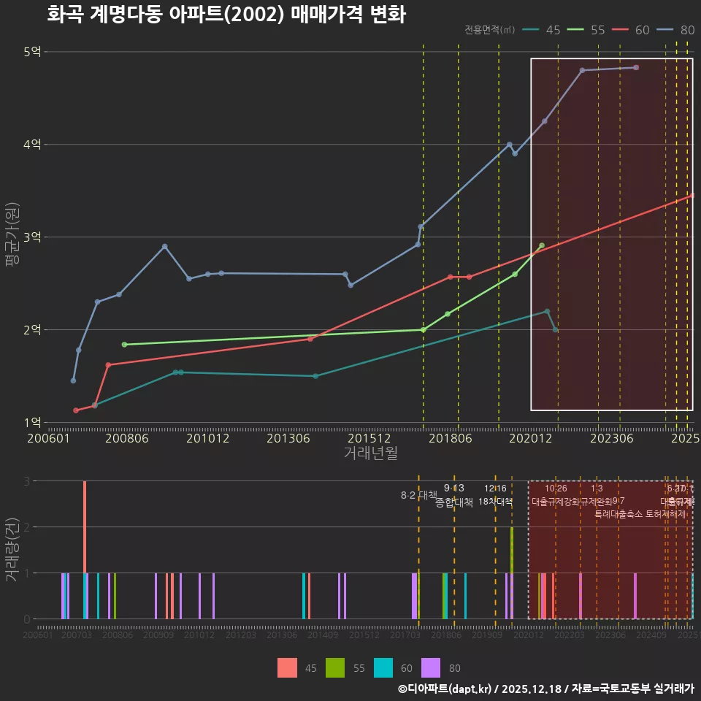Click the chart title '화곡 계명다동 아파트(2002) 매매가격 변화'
pyautogui.click(x=226, y=15)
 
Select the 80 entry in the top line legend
pyautogui.click(x=687, y=30)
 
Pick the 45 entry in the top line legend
pyautogui.click(x=553, y=30)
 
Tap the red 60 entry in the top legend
pyautogui.click(x=642, y=30)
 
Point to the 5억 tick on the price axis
pyautogui.click(x=32, y=52)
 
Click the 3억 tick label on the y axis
pyautogui.click(x=32, y=237)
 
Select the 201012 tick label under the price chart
pyautogui.click(x=207, y=439)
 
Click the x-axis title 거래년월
pyautogui.click(x=370, y=453)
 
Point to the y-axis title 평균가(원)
pyautogui.click(x=12, y=237)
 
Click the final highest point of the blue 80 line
pyautogui.click(x=636, y=67)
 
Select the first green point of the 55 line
pyautogui.click(x=124, y=345)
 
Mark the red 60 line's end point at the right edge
pyautogui.click(x=692, y=196)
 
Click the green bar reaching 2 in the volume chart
pyautogui.click(x=512, y=572)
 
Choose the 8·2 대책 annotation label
pyautogui.click(x=418, y=495)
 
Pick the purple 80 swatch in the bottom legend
pyautogui.click(x=432, y=667)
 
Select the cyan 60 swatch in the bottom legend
pyautogui.click(x=383, y=667)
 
